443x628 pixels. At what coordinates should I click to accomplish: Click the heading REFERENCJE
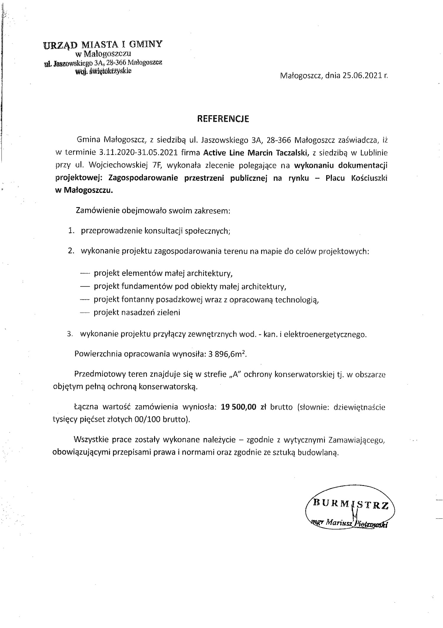[x=223, y=119]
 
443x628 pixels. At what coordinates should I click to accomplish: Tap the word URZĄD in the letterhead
[x=61, y=45]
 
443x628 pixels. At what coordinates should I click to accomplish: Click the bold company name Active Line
[x=224, y=153]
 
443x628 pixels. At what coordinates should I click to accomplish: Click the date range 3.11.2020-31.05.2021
[x=139, y=153]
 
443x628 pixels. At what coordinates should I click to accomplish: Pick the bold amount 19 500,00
[x=238, y=407]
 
